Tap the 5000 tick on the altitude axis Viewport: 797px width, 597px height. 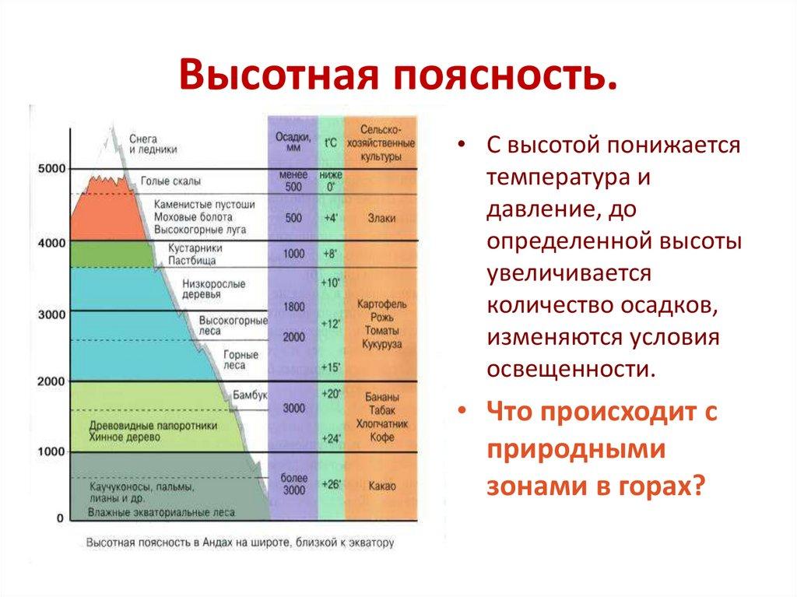[51, 168]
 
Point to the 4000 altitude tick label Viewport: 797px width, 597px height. [51, 243]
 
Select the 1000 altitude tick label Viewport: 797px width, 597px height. [51, 451]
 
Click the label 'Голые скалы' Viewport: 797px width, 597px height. [170, 181]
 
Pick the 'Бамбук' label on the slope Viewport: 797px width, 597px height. [250, 395]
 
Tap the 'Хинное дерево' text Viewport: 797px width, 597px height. [125, 437]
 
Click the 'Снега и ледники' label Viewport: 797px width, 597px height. [153, 142]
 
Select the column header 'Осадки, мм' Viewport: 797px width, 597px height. [293, 142]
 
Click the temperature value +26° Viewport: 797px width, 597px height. [331, 484]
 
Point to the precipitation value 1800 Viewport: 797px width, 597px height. [293, 307]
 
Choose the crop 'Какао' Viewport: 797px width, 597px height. [381, 486]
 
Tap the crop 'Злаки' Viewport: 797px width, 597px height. [381, 219]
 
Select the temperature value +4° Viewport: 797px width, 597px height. [331, 219]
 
